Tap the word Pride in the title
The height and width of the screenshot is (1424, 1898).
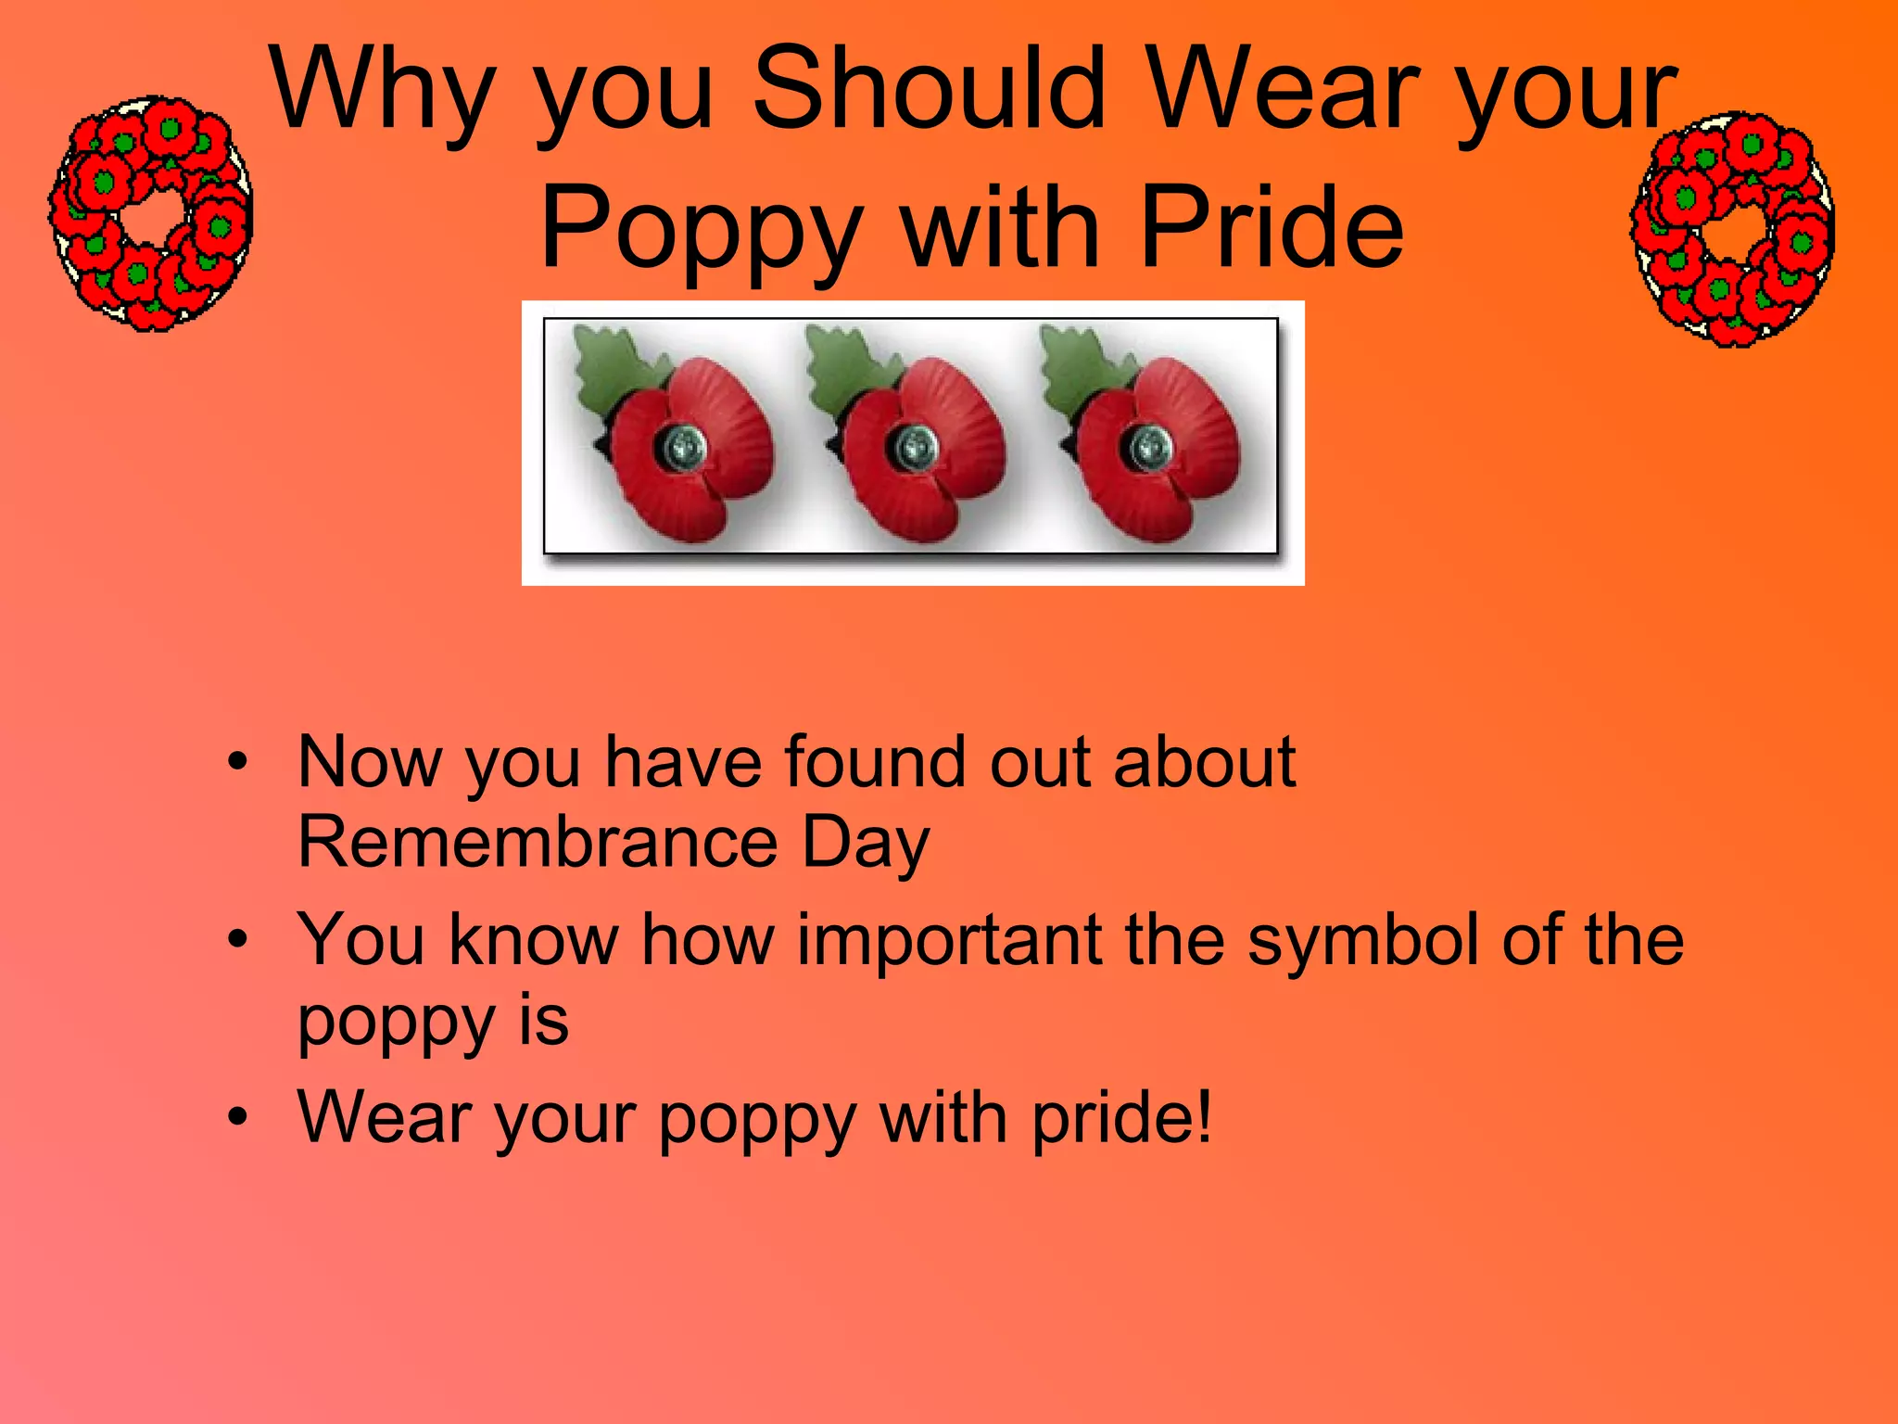pyautogui.click(x=1272, y=228)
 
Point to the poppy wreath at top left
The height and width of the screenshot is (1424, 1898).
pyautogui.click(x=151, y=213)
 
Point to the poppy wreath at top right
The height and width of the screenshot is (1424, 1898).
pyautogui.click(x=1731, y=229)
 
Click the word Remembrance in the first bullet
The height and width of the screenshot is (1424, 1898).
pyautogui.click(x=538, y=842)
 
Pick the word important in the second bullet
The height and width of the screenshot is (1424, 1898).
pyautogui.click(x=949, y=940)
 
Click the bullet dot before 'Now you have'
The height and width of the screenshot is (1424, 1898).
pyautogui.click(x=238, y=763)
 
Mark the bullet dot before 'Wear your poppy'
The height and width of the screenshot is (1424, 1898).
pyautogui.click(x=238, y=1117)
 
